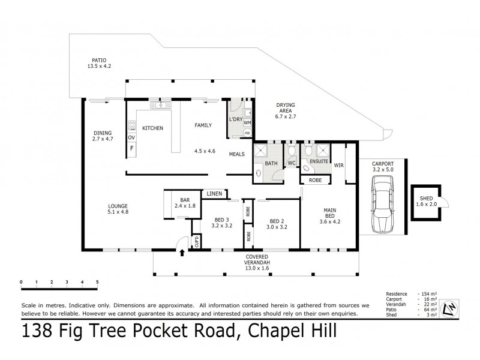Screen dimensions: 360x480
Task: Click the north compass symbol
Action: [x=448, y=308]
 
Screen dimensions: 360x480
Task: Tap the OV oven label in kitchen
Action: [x=131, y=137]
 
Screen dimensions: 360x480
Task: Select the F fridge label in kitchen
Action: [x=131, y=148]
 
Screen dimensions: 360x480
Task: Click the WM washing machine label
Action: [x=247, y=122]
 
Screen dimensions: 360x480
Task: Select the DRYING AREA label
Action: [x=286, y=108]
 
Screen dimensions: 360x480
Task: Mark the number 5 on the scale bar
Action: [x=97, y=281]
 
